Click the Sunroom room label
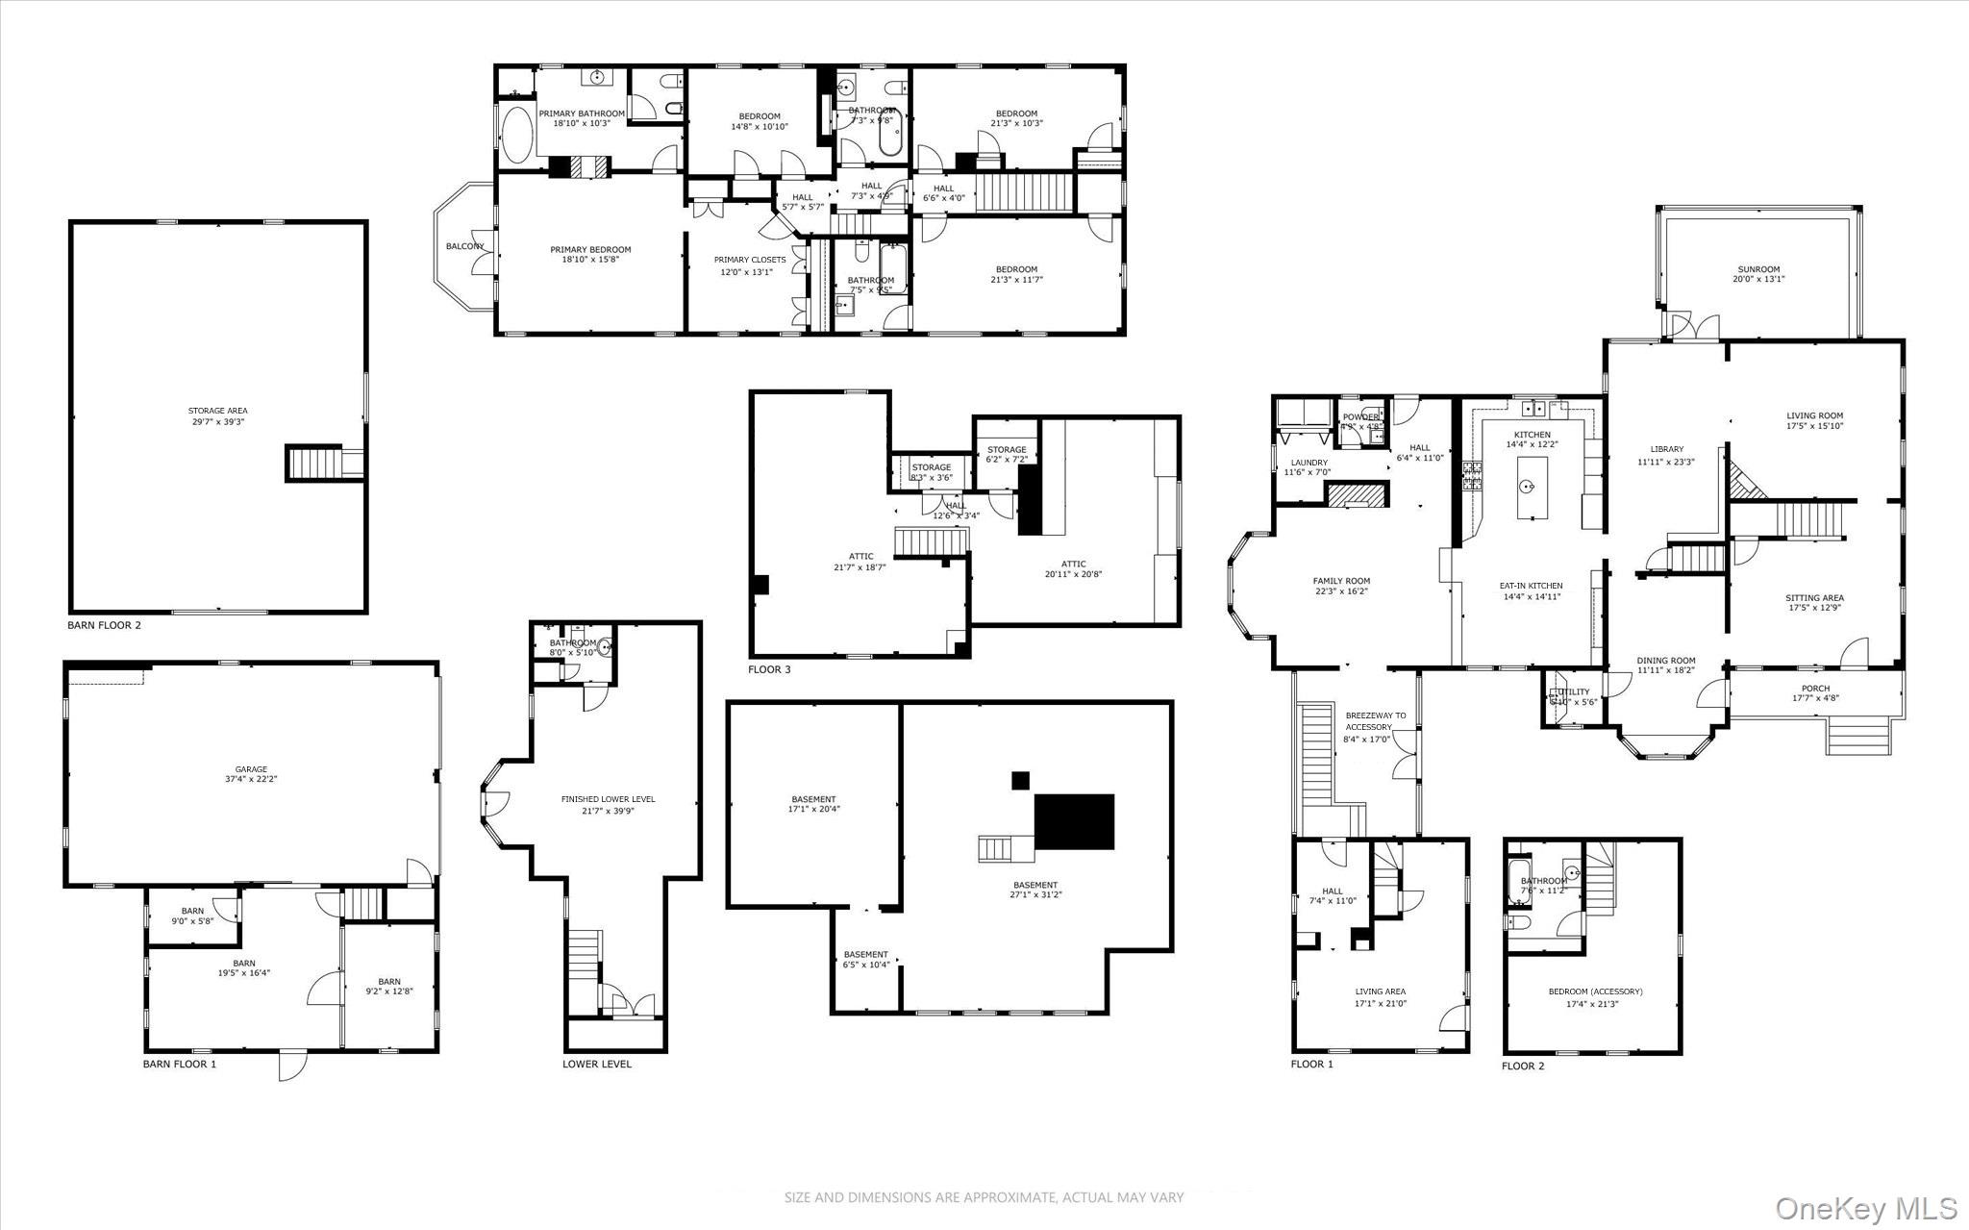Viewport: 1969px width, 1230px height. click(x=1758, y=274)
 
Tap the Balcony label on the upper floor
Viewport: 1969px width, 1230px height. click(x=464, y=246)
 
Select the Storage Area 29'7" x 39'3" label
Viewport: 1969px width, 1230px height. click(x=217, y=416)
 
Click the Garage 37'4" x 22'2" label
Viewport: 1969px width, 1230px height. click(x=251, y=774)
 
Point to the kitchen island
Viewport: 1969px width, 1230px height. click(x=1533, y=488)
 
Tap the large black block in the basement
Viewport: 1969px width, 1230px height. click(x=1074, y=821)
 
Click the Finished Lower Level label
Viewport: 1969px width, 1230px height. click(x=608, y=805)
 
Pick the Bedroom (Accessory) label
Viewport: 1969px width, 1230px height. click(x=1595, y=997)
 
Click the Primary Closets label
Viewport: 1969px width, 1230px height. click(x=749, y=265)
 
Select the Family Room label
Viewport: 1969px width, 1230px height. click(x=1341, y=586)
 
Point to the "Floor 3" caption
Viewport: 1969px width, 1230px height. click(x=769, y=669)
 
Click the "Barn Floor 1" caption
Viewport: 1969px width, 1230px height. click(x=180, y=1064)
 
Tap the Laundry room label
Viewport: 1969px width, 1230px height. click(x=1309, y=467)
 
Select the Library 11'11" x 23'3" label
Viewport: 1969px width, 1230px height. click(x=1666, y=455)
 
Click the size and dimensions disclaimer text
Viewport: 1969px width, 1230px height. click(x=984, y=1197)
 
